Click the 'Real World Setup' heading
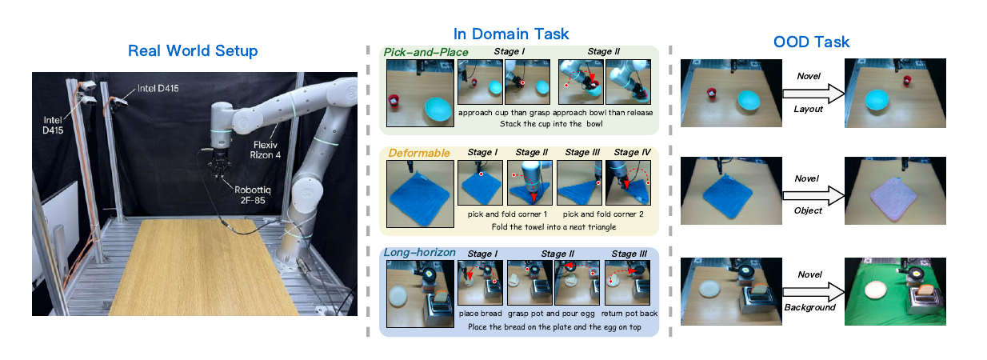[193, 50]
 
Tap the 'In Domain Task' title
[511, 34]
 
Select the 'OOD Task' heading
[811, 42]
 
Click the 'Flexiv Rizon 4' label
[266, 150]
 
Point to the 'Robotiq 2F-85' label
[253, 194]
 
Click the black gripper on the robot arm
[220, 166]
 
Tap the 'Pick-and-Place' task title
[426, 52]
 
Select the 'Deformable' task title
[419, 153]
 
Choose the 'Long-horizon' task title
[419, 252]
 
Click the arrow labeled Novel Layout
[813, 94]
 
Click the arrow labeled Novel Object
[813, 195]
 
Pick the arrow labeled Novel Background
[813, 292]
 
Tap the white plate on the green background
[876, 290]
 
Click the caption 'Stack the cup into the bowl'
[551, 124]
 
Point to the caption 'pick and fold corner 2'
[603, 214]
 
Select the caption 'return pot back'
[629, 314]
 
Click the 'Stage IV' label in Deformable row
[633, 152]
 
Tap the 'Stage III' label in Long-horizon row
[629, 254]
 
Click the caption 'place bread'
[480, 314]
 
